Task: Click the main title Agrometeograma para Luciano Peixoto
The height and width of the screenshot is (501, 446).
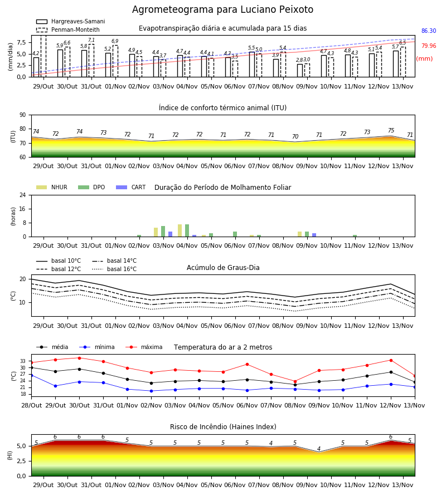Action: (x=222, y=9)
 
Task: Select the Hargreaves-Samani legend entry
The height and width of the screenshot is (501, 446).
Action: (x=71, y=21)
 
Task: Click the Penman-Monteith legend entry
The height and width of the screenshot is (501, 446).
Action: (x=68, y=30)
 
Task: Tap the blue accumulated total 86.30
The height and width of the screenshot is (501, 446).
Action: (x=429, y=31)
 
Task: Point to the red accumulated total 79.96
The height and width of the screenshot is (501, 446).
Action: (x=429, y=46)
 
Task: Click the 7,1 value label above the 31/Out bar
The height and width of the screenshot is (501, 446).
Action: (x=91, y=40)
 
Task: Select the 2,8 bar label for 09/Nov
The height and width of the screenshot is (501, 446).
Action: (x=299, y=60)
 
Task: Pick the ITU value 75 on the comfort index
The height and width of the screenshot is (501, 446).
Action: (x=391, y=130)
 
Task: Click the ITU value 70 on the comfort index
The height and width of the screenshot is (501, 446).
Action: (x=295, y=136)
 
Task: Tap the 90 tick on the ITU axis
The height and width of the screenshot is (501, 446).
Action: (x=23, y=115)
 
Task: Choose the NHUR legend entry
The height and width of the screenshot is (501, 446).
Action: (x=52, y=187)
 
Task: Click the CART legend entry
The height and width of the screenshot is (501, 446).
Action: (x=131, y=187)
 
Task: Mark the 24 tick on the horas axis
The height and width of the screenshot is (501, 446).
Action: (x=23, y=195)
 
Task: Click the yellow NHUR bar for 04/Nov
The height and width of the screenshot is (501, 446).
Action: (x=180, y=230)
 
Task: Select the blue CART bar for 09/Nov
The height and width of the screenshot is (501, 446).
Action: (x=314, y=235)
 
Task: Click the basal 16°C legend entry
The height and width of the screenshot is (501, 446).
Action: (x=114, y=269)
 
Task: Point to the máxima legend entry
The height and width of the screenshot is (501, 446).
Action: (x=144, y=347)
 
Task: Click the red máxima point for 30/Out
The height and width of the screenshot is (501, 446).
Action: (x=79, y=358)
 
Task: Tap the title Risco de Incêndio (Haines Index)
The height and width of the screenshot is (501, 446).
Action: (x=223, y=427)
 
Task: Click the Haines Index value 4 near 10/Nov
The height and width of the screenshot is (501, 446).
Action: (x=319, y=449)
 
